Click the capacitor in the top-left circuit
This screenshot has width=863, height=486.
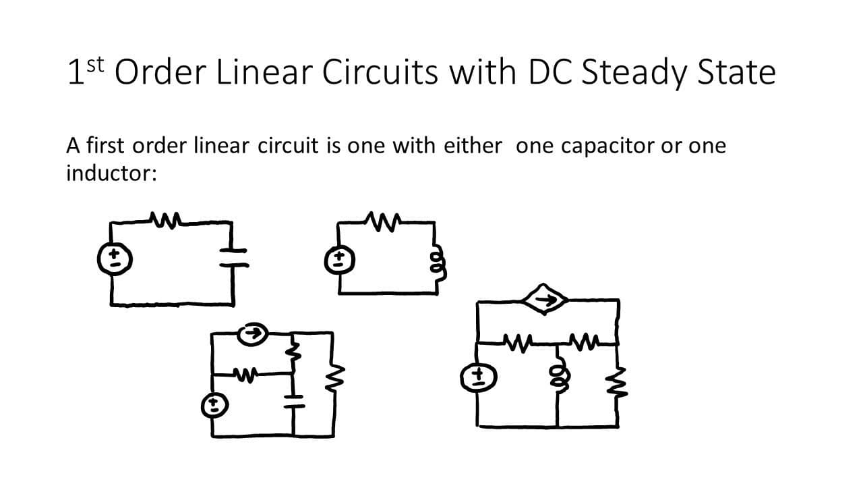pyautogui.click(x=233, y=258)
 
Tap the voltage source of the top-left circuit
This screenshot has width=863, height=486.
pyautogui.click(x=115, y=259)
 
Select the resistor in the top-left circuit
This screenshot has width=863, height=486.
pyautogui.click(x=166, y=220)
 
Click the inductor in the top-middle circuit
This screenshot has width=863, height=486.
pyautogui.click(x=439, y=263)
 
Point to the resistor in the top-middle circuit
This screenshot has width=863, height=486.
pyautogui.click(x=383, y=221)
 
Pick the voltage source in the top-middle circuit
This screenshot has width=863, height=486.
pyautogui.click(x=339, y=260)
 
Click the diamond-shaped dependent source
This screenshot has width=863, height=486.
pyautogui.click(x=544, y=299)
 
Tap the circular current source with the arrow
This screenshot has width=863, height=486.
pyautogui.click(x=252, y=334)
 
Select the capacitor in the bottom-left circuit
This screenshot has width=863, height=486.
pyautogui.click(x=293, y=401)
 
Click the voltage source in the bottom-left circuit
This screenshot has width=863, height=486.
pyautogui.click(x=215, y=406)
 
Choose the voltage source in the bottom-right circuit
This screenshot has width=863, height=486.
pyautogui.click(x=479, y=377)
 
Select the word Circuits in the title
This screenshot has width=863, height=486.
pyautogui.click(x=380, y=72)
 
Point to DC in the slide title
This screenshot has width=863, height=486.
pyautogui.click(x=551, y=72)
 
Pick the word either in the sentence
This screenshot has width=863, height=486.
pyautogui.click(x=473, y=145)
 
